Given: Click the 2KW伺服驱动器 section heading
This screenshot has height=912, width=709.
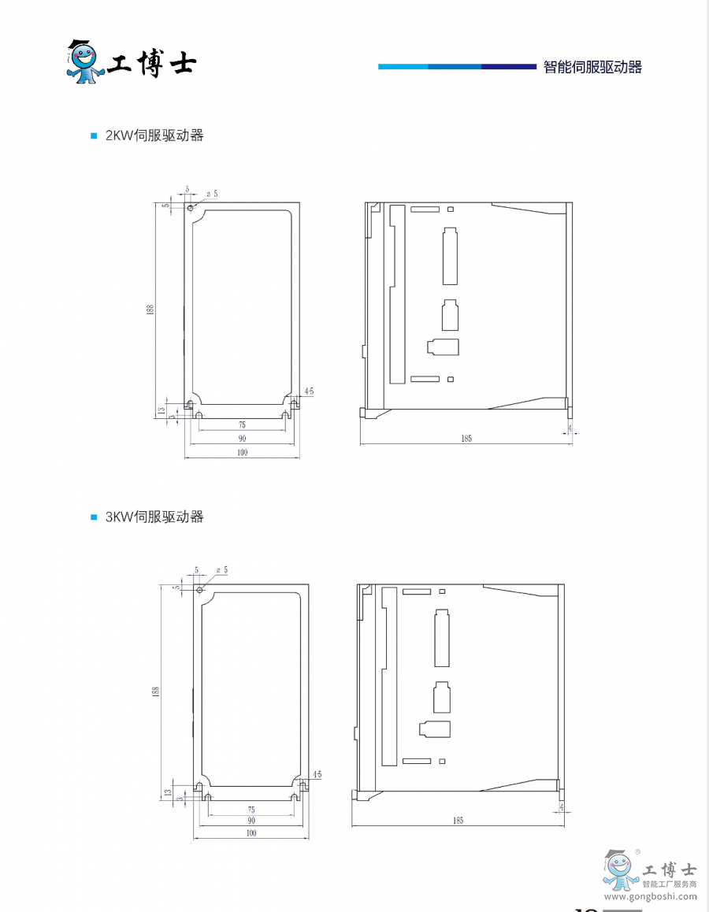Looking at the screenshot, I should point(154,135).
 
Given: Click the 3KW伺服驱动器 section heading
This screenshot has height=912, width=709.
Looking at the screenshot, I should point(154,517).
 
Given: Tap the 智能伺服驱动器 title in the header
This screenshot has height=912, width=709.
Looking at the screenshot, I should point(592,68).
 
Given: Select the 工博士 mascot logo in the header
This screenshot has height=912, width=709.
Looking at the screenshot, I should point(86,61).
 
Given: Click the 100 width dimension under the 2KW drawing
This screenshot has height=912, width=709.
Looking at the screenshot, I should point(242,453).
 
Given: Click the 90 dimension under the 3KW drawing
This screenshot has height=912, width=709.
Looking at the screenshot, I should point(251,821).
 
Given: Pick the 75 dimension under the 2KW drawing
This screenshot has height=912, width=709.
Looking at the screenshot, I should point(241,424).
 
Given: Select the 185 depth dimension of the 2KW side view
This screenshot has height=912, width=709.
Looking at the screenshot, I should point(466,439).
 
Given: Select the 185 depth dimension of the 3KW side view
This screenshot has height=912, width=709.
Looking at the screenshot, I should point(458,821).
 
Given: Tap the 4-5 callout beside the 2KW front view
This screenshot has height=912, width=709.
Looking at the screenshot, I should point(309,391).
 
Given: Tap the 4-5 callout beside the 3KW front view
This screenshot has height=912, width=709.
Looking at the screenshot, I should point(317,775).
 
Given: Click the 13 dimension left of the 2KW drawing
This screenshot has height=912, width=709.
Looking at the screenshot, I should point(161,410).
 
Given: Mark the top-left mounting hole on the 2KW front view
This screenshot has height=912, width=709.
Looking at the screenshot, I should point(191,208).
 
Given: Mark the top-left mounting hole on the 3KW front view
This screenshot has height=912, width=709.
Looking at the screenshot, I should point(199,590).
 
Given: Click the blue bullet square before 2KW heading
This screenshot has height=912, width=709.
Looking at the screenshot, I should point(94,135).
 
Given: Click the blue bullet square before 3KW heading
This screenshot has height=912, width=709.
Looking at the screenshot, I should point(94,517).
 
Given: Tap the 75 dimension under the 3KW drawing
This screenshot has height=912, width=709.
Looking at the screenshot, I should point(251,810).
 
